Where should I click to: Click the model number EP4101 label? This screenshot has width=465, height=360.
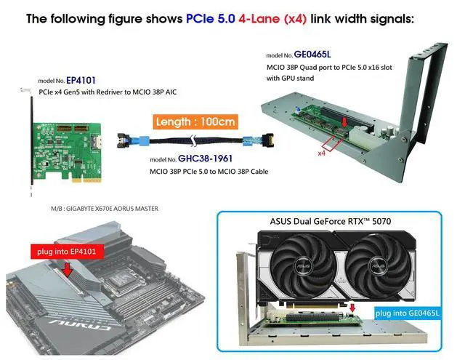point(81,81)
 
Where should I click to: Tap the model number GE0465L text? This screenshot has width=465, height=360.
point(312,55)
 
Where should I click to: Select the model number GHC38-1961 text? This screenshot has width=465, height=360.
point(205,159)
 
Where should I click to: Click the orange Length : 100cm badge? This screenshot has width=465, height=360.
point(195,121)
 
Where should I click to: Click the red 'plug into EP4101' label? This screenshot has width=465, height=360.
point(68,252)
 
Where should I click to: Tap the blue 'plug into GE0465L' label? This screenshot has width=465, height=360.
point(407,313)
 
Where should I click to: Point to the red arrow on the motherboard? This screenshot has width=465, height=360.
point(68,269)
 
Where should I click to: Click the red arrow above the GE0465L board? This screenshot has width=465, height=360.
point(344,122)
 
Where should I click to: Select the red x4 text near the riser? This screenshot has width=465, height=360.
point(321,153)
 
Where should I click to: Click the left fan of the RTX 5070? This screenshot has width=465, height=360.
point(304,264)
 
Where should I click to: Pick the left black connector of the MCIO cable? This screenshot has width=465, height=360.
point(123,140)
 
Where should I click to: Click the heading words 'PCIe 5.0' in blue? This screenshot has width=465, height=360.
point(211,19)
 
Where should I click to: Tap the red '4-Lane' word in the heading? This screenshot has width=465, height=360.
point(259,19)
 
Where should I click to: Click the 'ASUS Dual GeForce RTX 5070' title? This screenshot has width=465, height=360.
point(331,221)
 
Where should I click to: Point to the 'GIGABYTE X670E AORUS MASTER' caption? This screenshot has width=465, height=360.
point(112,209)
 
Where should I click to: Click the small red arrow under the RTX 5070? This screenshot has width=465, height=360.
point(352,308)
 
